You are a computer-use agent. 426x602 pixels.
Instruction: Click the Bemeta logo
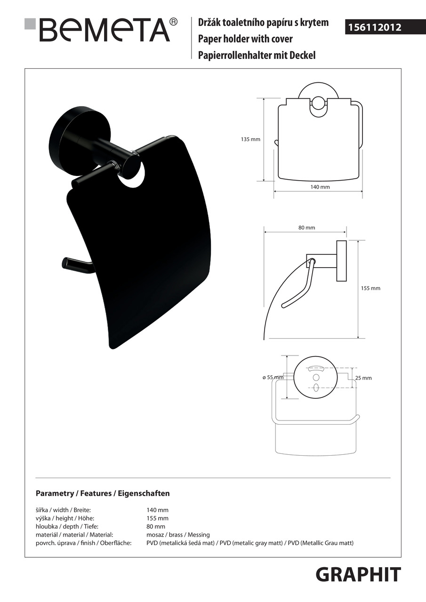click(104, 30)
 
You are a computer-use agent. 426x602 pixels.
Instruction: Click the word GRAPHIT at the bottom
click(358, 575)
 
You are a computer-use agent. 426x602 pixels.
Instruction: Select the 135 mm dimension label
click(250, 140)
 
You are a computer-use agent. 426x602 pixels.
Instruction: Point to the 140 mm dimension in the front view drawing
click(320, 187)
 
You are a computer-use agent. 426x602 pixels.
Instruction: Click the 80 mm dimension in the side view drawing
click(306, 228)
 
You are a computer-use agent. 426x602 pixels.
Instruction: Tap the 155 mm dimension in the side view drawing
click(370, 288)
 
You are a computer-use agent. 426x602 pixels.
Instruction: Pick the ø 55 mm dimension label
click(273, 377)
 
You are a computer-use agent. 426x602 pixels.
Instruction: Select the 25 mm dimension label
click(363, 378)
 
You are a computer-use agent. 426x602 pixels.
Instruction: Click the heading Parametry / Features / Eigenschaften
click(103, 493)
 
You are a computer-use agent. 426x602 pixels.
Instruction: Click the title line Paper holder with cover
click(245, 39)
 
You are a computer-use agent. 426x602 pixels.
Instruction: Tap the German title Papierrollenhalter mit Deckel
click(257, 55)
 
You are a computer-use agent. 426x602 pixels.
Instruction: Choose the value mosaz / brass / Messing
click(178, 535)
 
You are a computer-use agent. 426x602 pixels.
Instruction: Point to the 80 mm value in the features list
click(156, 527)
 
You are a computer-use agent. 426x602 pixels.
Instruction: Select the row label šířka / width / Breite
click(63, 510)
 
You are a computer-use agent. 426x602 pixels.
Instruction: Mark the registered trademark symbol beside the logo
click(173, 22)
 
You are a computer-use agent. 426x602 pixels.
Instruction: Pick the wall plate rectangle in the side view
click(341, 261)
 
